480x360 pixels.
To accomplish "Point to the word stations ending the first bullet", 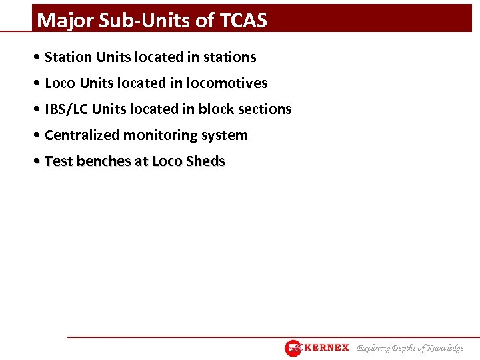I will (229, 57).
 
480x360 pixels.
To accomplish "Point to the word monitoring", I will (160, 135).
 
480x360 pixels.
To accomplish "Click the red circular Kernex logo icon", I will (293, 348).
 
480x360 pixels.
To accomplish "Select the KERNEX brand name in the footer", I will (327, 348).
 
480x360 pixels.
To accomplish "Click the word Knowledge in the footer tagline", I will (445, 348).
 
